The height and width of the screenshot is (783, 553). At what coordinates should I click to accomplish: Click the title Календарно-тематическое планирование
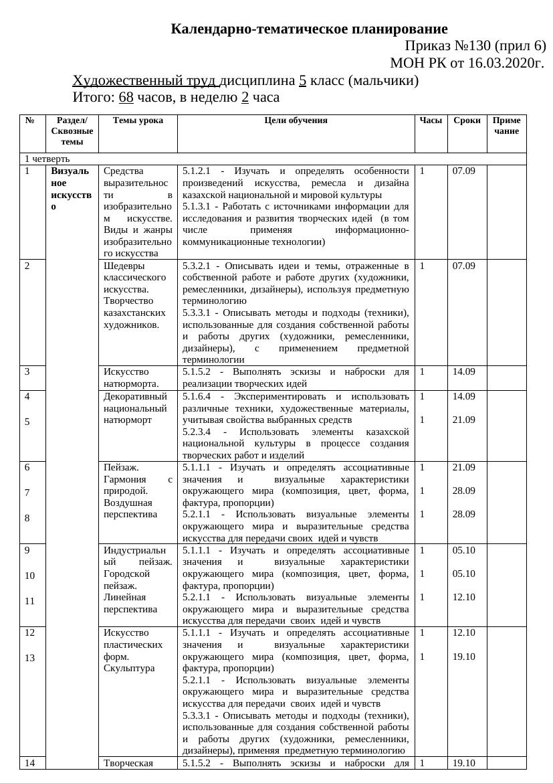point(309,29)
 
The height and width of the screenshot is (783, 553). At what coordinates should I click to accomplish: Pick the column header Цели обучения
point(296,120)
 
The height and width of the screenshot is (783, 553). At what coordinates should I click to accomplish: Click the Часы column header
point(431,120)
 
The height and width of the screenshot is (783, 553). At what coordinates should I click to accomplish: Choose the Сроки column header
point(467,120)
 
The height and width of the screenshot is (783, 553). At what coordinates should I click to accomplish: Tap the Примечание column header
point(506,126)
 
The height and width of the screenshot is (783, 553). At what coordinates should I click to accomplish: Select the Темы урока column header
point(138,120)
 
